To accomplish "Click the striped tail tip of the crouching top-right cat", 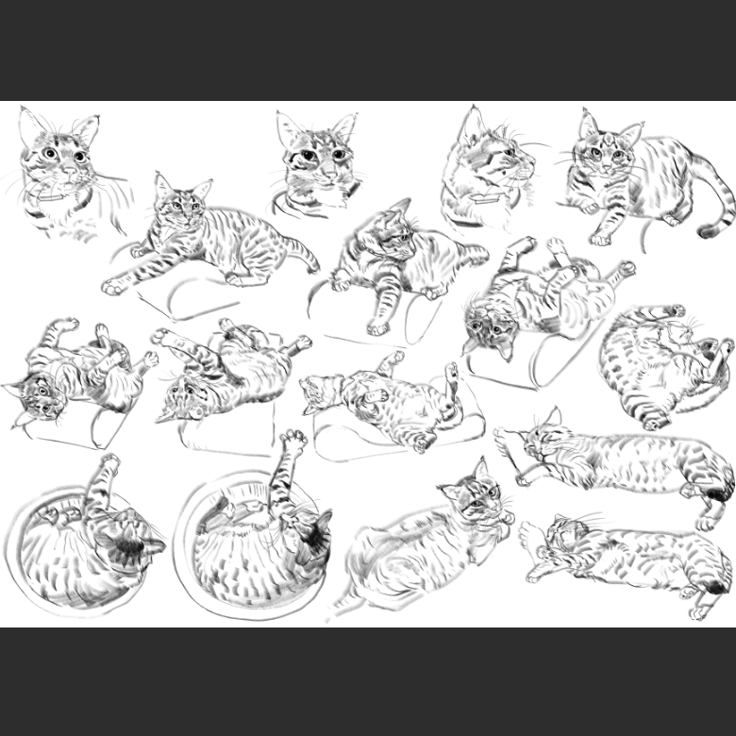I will (x=709, y=230).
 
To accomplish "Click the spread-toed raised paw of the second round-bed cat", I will (x=293, y=439).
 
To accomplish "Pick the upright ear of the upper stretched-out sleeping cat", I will (x=553, y=416).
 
